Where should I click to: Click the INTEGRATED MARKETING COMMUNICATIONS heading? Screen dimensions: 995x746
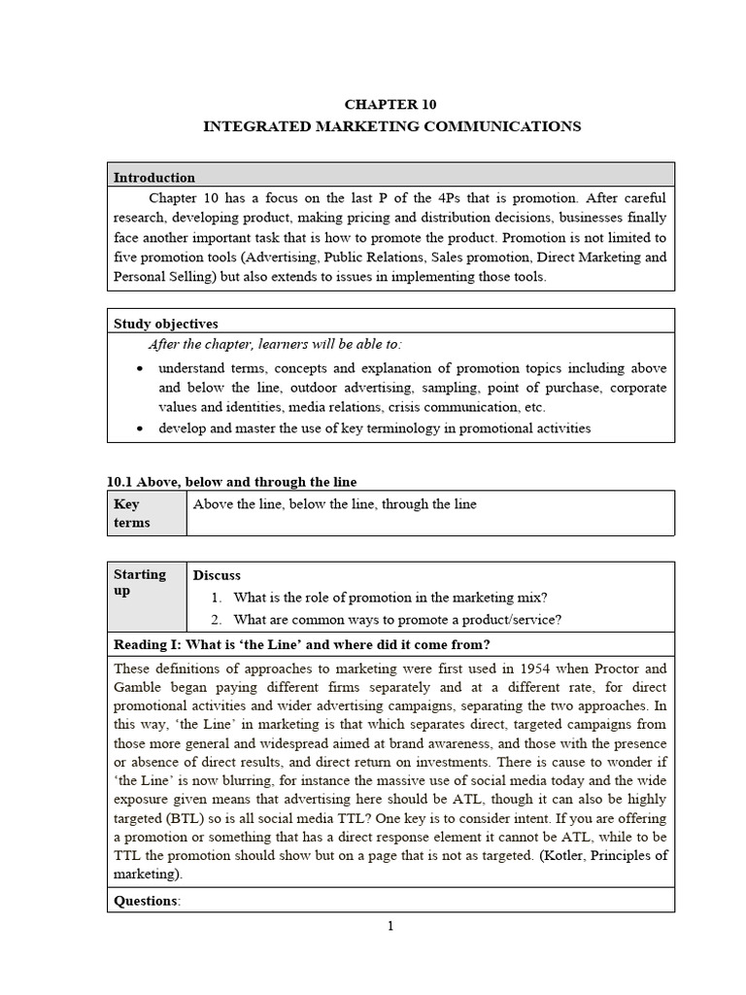coord(390,126)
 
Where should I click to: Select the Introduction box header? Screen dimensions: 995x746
coord(154,178)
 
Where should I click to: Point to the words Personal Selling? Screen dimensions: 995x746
coord(163,276)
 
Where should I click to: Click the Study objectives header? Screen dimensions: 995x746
coord(166,324)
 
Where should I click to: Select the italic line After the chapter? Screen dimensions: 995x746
coord(274,345)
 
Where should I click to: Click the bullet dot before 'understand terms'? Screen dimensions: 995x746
coord(142,369)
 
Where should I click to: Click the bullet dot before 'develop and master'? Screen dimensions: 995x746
coord(142,429)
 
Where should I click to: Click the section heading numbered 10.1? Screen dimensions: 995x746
coord(232,482)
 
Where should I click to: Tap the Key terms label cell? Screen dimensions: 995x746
coord(145,513)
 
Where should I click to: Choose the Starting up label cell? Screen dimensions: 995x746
coord(145,582)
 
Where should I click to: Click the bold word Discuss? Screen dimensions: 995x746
coord(217,575)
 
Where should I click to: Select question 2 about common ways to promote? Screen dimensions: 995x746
coord(398,620)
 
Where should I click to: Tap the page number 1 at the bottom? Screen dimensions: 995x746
coord(390,926)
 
